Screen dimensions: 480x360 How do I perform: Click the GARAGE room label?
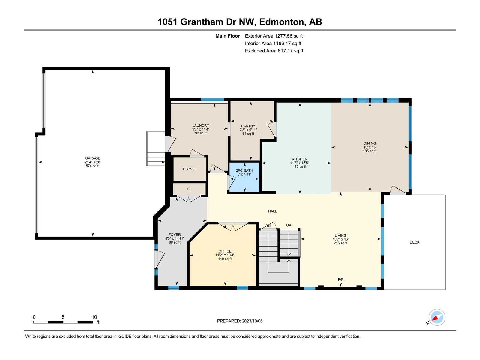(x=92, y=158)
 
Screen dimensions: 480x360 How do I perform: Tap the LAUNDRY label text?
(x=200, y=125)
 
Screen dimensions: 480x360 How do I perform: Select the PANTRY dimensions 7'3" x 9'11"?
(x=248, y=130)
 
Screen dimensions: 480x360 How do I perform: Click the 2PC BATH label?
(x=244, y=170)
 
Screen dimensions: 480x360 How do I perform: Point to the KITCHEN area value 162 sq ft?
(x=300, y=166)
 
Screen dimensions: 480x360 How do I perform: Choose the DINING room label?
(x=370, y=143)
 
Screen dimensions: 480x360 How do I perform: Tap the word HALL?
(x=272, y=211)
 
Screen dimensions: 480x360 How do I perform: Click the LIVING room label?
(x=340, y=235)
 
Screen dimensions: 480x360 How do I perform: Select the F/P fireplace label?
(x=341, y=279)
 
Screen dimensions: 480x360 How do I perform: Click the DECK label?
(x=415, y=242)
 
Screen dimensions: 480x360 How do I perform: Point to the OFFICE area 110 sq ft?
(x=225, y=259)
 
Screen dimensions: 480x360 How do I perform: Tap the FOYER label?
(x=175, y=235)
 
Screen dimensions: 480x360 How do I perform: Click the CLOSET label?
(x=190, y=169)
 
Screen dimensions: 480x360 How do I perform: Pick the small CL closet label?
(x=189, y=189)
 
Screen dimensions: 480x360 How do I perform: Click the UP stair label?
(x=289, y=225)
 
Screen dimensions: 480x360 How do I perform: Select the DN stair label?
(x=268, y=226)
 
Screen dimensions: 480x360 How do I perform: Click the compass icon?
(x=437, y=317)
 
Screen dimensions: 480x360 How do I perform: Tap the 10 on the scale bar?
(x=94, y=317)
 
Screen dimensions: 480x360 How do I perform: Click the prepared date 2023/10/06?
(x=252, y=321)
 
